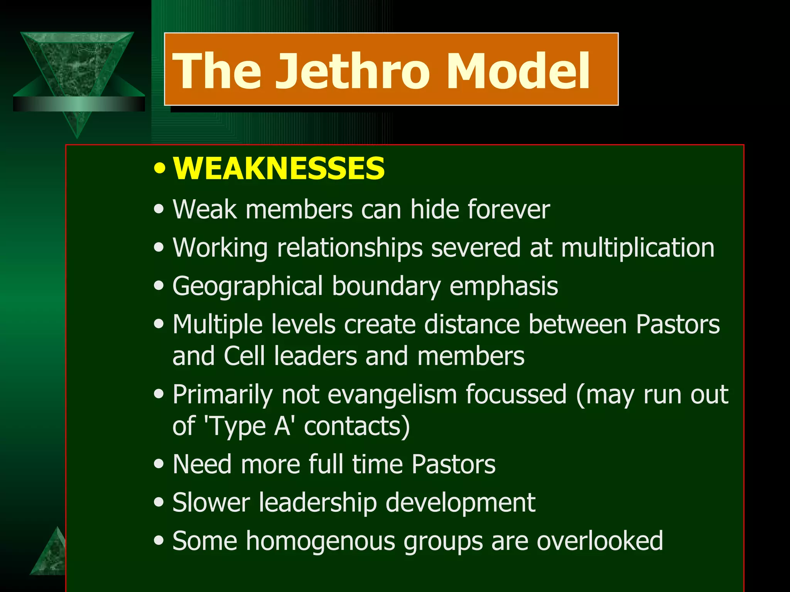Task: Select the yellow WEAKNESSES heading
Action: coord(279,168)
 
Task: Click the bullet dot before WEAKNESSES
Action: coord(159,168)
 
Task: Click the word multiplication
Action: coord(638,247)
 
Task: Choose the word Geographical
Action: coord(247,286)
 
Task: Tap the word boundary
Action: coord(386,286)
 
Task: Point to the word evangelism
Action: coord(392,394)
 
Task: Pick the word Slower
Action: coord(211,503)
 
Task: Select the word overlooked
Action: coord(600,541)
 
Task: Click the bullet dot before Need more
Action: coord(159,464)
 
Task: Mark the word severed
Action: coord(476,247)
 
